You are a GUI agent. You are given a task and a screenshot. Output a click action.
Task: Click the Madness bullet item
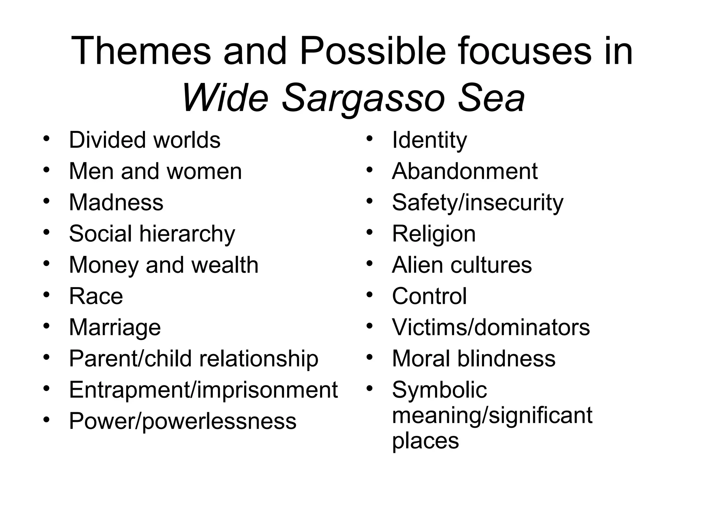(x=116, y=202)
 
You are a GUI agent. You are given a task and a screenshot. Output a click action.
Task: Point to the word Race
(x=96, y=296)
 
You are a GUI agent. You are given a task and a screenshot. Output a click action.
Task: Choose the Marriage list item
(x=115, y=327)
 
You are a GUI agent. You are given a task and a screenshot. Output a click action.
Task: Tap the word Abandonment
(x=464, y=171)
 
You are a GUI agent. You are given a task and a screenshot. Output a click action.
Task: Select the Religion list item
(x=433, y=234)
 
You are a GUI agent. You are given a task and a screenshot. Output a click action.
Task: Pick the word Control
(x=429, y=296)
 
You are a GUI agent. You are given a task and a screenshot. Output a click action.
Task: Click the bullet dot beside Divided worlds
(x=46, y=139)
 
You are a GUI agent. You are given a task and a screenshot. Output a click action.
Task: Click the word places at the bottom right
(x=425, y=440)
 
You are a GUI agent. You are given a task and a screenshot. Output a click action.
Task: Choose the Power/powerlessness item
(x=182, y=421)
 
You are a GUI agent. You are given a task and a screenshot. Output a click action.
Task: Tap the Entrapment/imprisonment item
(x=203, y=390)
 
